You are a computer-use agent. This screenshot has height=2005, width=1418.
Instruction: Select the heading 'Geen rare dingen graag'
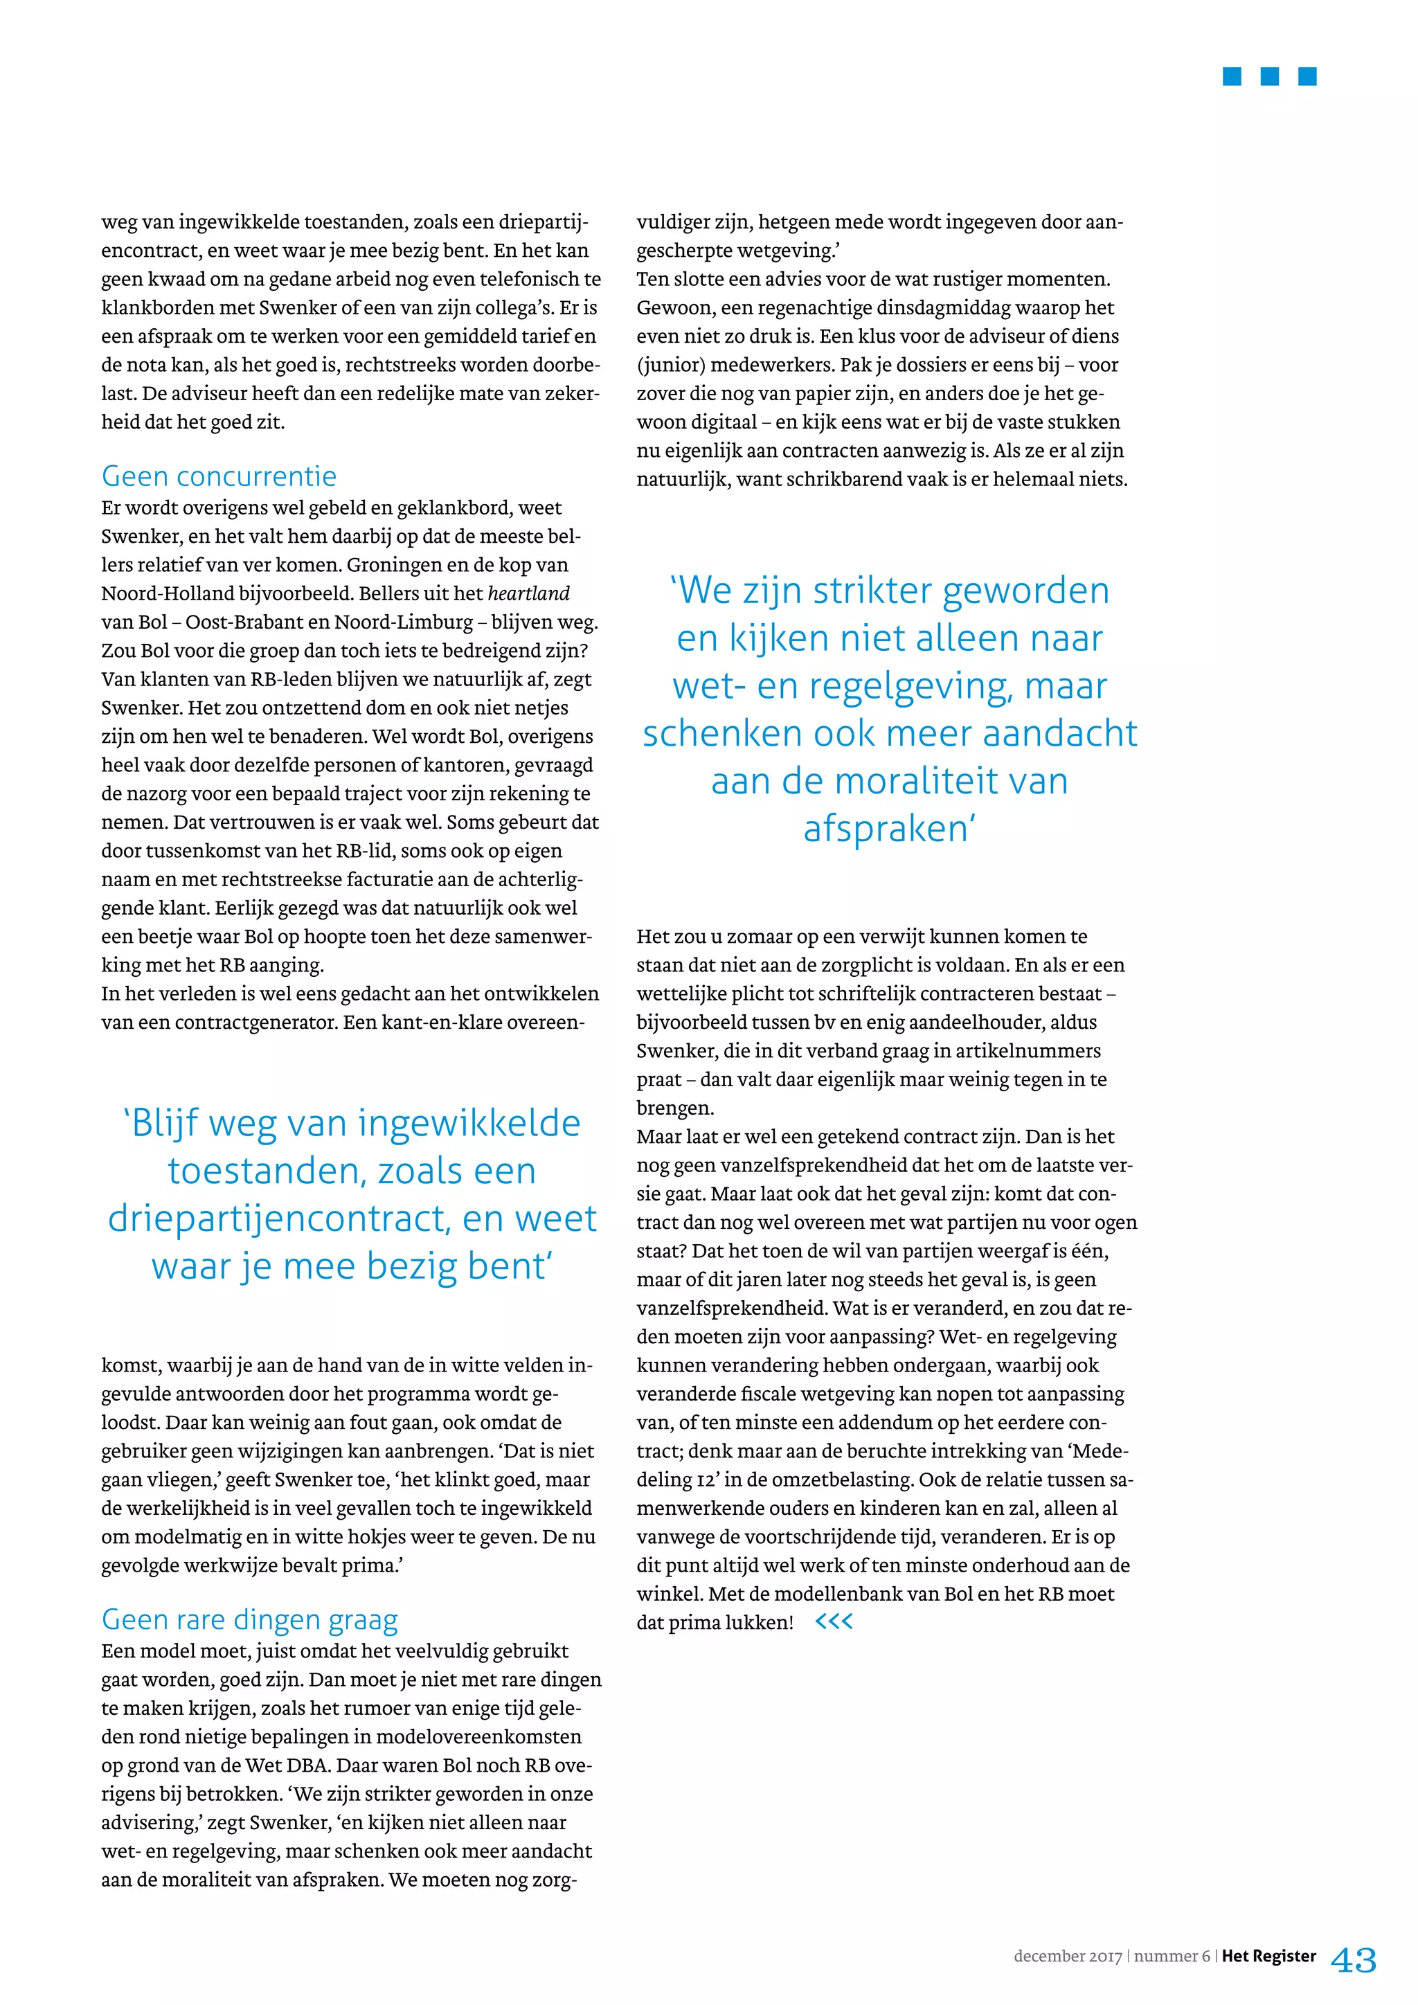[x=250, y=1619]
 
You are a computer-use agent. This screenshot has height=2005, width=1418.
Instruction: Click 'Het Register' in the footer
[x=1268, y=1956]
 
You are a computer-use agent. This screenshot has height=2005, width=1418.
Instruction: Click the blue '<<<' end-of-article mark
[x=833, y=1621]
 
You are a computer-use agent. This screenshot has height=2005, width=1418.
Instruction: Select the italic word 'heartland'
[x=528, y=594]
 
